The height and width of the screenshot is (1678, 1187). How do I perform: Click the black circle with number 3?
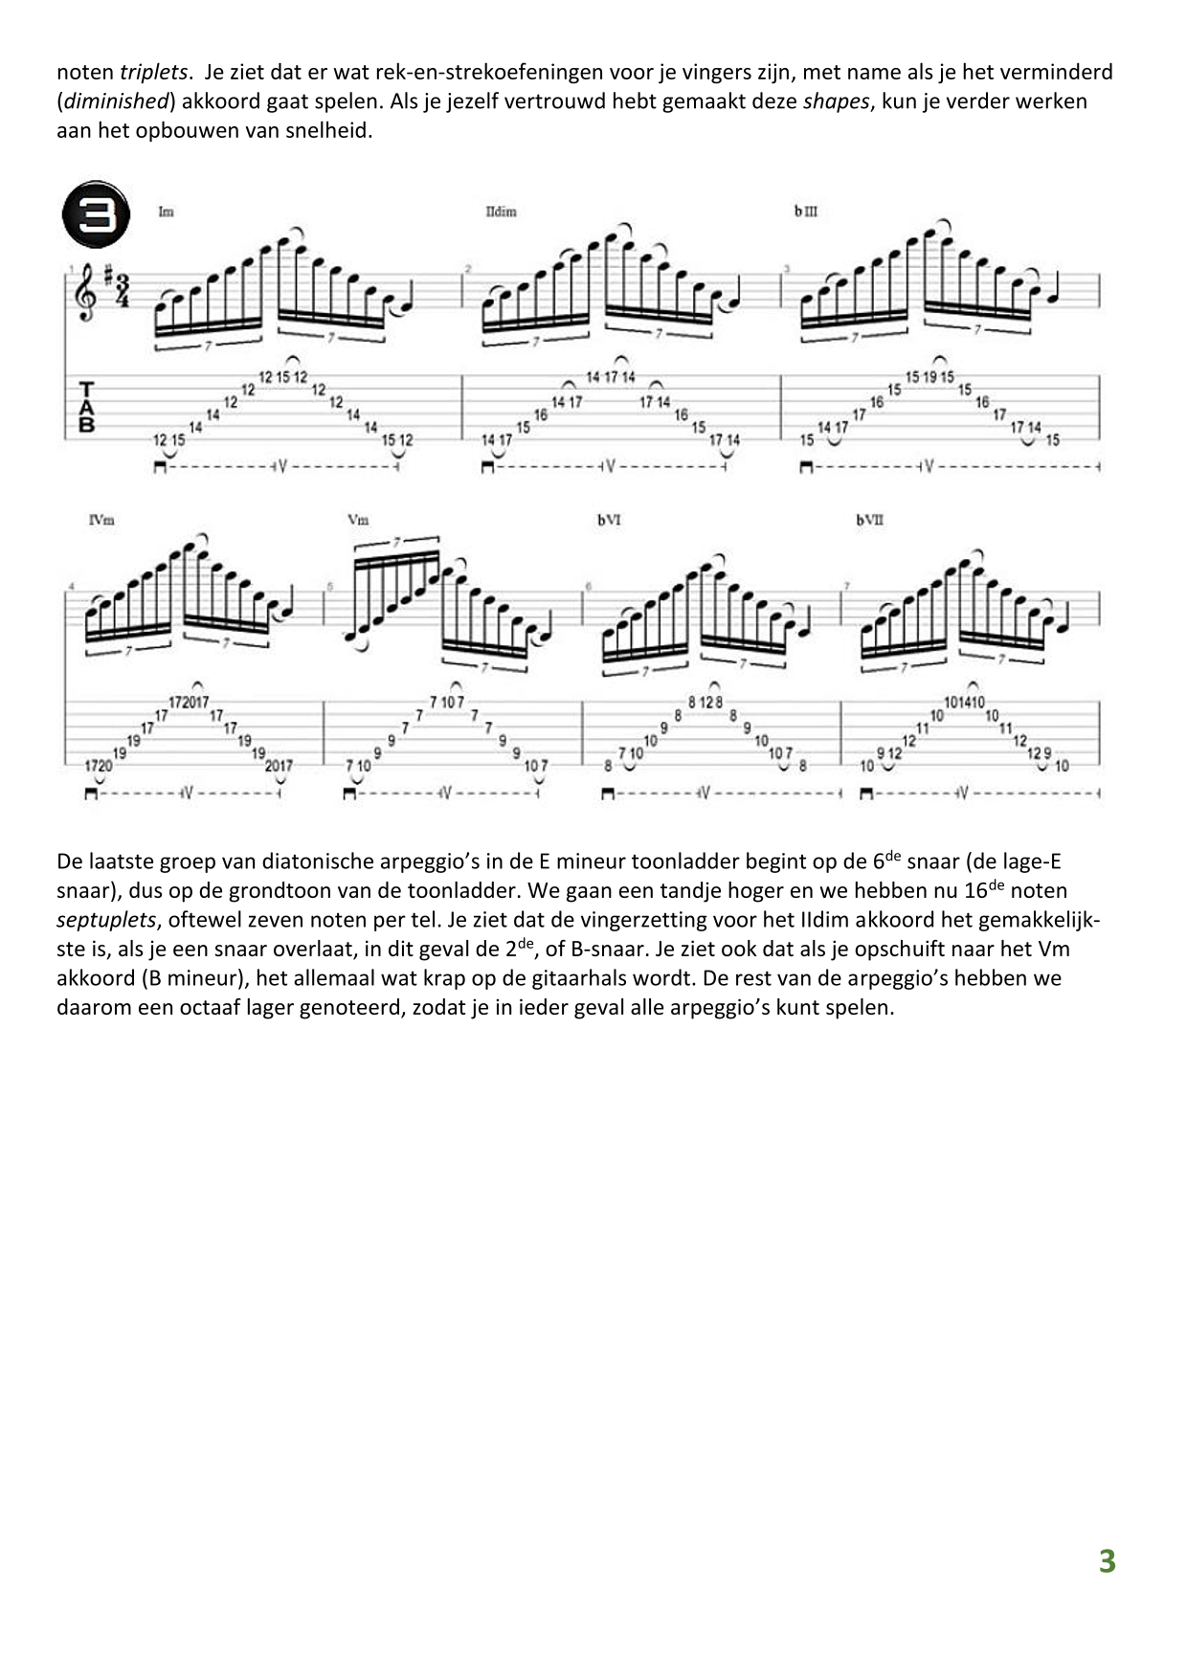click(x=96, y=213)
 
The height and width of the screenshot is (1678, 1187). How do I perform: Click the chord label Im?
click(x=166, y=212)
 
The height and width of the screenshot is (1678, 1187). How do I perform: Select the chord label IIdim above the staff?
click(x=501, y=212)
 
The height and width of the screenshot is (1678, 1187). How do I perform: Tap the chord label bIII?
click(x=805, y=212)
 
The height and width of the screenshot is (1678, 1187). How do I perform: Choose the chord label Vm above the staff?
click(x=358, y=520)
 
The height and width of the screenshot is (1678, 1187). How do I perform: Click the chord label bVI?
click(x=608, y=520)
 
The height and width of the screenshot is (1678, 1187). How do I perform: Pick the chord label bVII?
click(x=869, y=520)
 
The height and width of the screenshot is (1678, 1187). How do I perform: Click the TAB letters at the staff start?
click(x=87, y=407)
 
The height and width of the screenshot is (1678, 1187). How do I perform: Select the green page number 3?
click(x=1107, y=1561)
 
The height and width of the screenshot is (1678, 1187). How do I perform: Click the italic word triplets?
click(x=153, y=72)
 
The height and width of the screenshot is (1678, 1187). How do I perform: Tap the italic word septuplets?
click(x=105, y=921)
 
